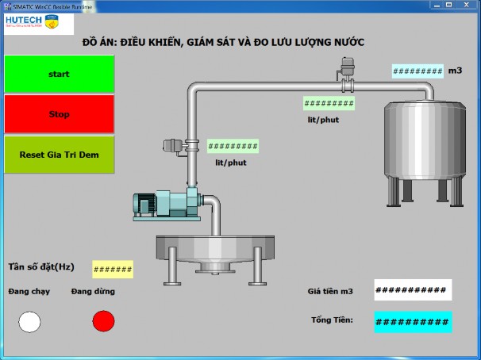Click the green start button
coord(60,74)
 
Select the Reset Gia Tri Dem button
coord(60,155)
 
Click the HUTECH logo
coord(38,23)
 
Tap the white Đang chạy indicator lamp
coord(29,321)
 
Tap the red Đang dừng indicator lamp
coord(103,321)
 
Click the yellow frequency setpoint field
coord(113,270)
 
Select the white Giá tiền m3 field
coord(412,290)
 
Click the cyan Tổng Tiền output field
coord(412,322)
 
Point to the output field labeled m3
coord(418,71)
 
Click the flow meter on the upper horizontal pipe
coord(347,71)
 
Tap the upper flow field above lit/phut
coord(329,103)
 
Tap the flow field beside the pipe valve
coord(233,147)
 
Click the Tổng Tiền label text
coord(332,320)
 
